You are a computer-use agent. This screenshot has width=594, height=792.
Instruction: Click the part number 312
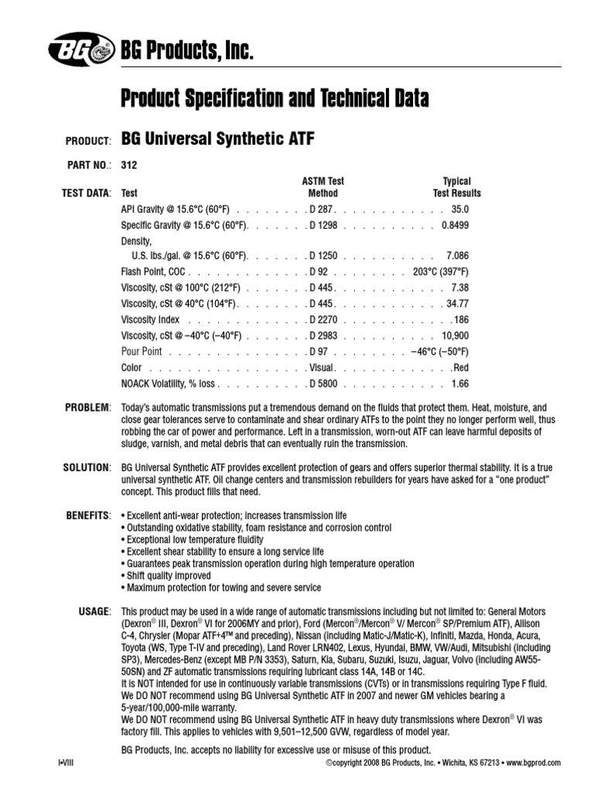click(129, 164)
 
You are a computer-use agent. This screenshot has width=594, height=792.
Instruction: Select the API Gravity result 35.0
click(460, 210)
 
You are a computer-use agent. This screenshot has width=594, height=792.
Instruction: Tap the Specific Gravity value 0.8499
click(454, 225)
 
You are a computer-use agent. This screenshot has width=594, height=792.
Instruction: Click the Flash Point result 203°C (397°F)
click(440, 272)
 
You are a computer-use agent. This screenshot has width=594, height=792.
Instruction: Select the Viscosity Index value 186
click(461, 319)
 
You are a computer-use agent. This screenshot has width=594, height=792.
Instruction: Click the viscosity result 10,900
click(455, 336)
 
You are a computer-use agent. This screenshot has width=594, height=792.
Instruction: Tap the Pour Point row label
click(142, 351)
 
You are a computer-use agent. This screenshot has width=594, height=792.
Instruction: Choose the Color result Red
click(461, 367)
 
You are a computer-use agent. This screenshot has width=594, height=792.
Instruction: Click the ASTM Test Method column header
click(323, 187)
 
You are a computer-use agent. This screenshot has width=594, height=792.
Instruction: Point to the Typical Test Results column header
click(456, 187)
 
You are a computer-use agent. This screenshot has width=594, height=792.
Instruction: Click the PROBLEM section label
click(88, 407)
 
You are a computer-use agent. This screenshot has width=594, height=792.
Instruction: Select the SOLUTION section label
click(87, 468)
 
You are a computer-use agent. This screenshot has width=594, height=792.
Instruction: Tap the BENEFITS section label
click(87, 514)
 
